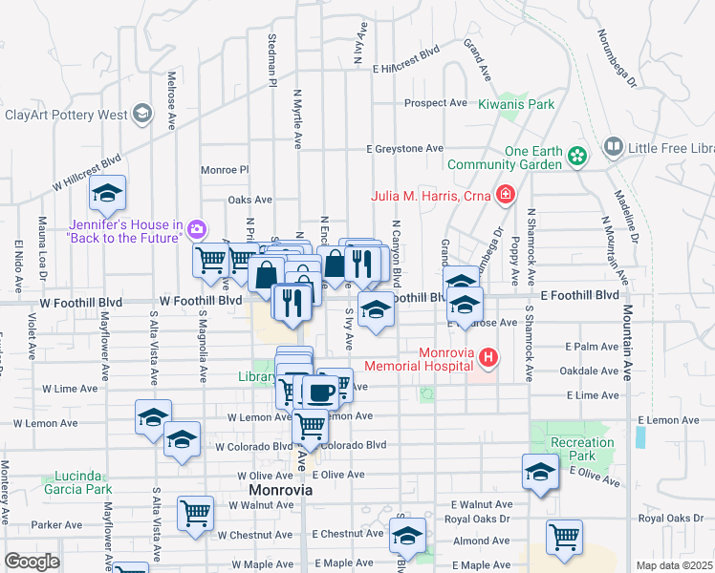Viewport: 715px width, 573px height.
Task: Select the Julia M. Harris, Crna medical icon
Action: tap(506, 197)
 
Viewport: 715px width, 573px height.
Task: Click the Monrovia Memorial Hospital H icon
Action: tap(488, 358)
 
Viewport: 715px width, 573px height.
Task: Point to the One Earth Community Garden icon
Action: tap(576, 155)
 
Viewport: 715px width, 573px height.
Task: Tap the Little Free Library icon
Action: tap(613, 148)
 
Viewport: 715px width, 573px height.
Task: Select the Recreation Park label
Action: tap(582, 449)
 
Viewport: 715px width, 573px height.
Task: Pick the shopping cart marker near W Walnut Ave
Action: tap(196, 513)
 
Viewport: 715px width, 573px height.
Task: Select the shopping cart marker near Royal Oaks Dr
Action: tap(564, 536)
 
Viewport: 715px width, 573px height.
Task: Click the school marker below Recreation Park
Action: tap(540, 473)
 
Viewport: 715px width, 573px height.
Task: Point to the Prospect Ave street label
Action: tap(435, 103)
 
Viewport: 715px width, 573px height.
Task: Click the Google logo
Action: tap(32, 562)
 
